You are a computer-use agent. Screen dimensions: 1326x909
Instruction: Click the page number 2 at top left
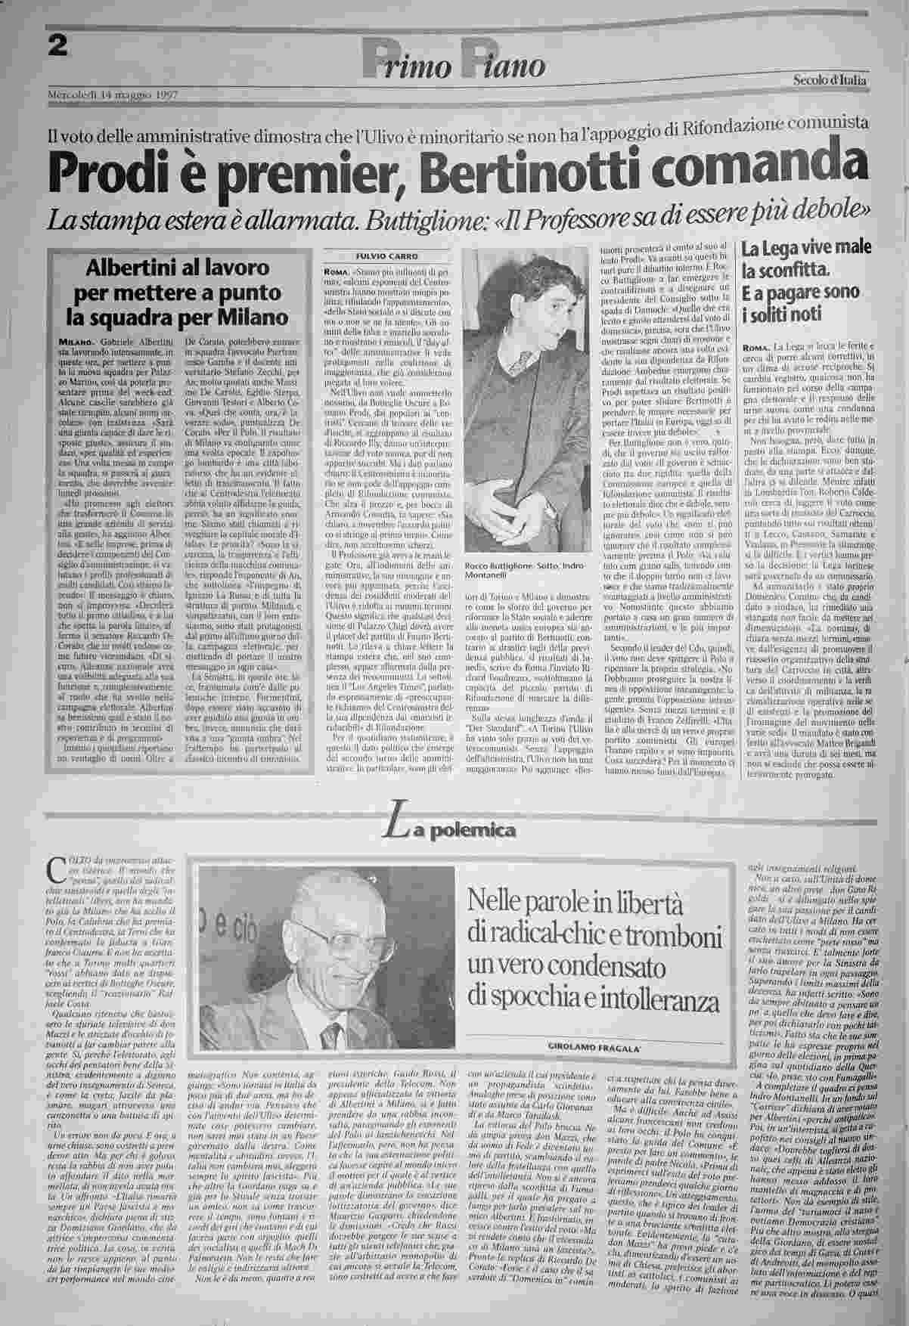(57, 46)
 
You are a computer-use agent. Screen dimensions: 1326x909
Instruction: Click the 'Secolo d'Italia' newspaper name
(830, 80)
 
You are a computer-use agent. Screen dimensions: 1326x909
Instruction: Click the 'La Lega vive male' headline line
(806, 249)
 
